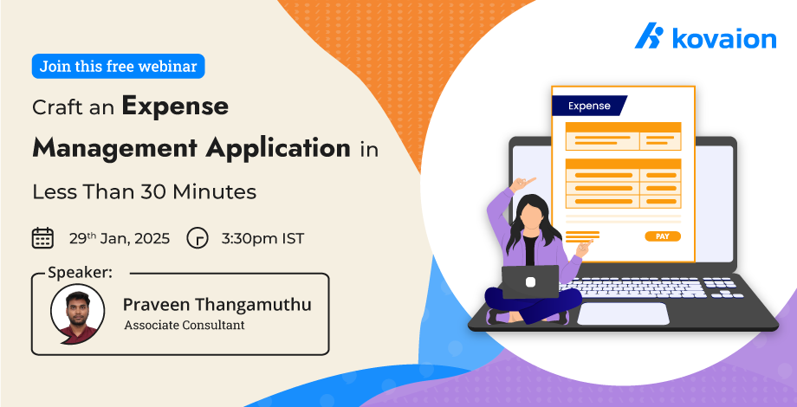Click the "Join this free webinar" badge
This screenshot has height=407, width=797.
[118, 67]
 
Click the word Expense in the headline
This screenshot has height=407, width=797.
[175, 107]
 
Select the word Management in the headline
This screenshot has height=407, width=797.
[114, 148]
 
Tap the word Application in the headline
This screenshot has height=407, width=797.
[278, 148]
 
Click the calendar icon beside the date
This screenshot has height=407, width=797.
[42, 238]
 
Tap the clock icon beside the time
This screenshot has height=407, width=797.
[198, 238]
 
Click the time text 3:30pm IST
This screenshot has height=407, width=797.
[262, 238]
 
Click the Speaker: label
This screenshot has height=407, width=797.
[80, 273]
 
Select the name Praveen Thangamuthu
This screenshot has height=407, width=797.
[217, 305]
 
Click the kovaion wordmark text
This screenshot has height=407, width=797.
[724, 39]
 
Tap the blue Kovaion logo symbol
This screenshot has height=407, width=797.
[650, 36]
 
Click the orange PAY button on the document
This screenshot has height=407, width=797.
[663, 236]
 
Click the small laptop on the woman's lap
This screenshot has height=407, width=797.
[530, 282]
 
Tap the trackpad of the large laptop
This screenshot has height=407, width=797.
[623, 313]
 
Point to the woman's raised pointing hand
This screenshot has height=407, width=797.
[522, 184]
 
